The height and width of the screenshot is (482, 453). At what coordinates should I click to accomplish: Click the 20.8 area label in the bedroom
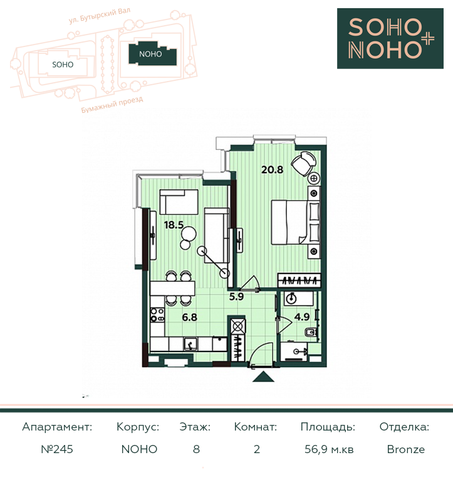(x=272, y=169)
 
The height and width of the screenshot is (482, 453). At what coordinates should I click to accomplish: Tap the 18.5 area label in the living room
(x=174, y=225)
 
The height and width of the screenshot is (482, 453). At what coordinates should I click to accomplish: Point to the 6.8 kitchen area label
(x=190, y=317)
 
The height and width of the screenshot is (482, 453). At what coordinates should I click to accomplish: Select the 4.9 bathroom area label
(x=302, y=316)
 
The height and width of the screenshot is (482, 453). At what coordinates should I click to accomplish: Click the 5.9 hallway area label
(x=236, y=297)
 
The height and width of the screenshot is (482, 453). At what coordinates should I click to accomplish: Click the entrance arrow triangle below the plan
(x=263, y=377)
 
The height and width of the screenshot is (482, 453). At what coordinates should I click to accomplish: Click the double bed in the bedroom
(x=296, y=223)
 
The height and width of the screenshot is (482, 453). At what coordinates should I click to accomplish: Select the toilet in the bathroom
(x=311, y=332)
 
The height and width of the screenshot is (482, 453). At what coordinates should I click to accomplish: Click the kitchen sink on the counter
(x=190, y=344)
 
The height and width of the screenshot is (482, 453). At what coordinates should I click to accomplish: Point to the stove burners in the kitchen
(x=157, y=315)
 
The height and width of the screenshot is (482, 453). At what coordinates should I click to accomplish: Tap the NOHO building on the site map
(x=152, y=54)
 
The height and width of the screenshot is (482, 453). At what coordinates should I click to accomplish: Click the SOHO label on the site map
(x=63, y=65)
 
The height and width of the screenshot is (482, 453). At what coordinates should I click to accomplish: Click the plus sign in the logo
(x=427, y=39)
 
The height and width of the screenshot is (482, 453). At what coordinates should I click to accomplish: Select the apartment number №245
(x=57, y=449)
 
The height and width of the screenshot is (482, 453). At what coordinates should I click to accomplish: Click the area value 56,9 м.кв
(x=329, y=450)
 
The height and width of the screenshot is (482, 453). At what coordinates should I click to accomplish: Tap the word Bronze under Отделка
(x=406, y=449)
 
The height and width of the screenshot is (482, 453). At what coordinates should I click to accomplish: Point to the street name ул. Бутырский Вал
(x=100, y=16)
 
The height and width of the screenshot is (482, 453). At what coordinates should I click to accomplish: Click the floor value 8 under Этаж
(x=196, y=449)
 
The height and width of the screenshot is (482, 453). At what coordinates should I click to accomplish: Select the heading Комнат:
(x=256, y=427)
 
